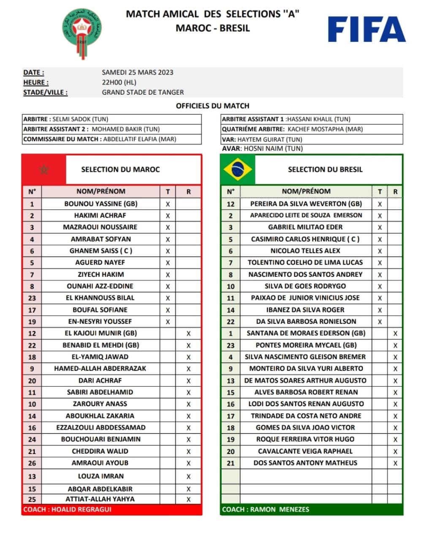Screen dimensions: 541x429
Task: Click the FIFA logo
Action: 367,29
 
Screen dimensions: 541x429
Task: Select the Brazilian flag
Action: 238,169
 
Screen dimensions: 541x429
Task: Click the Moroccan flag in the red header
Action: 44,169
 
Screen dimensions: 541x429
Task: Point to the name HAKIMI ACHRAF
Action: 100,216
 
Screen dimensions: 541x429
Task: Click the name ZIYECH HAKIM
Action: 100,274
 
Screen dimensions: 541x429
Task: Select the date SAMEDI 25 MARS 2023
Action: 138,72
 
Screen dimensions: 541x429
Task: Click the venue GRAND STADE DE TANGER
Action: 143,92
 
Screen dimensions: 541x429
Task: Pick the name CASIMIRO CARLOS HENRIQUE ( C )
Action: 305,239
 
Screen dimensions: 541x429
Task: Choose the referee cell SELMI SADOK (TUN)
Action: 80,119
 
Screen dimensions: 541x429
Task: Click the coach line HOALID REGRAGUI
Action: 68,509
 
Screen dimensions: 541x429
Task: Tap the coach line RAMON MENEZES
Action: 266,509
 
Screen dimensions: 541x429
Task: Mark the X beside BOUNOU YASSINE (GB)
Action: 168,204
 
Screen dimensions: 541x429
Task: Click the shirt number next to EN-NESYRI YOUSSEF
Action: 32,322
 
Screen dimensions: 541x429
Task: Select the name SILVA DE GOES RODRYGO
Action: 305,286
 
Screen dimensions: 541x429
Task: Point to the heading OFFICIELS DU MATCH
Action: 212,106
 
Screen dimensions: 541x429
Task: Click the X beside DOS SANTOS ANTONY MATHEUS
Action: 395,463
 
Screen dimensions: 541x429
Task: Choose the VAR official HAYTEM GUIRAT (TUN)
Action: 270,139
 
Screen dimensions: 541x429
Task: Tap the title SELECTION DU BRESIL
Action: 325,169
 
